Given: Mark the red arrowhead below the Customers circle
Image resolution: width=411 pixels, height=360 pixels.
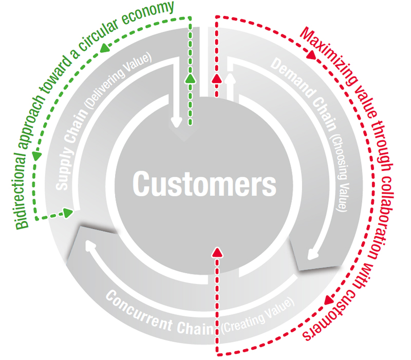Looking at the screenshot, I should (x=216, y=252).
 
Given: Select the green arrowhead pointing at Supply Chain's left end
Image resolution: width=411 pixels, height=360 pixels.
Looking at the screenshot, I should (x=68, y=212).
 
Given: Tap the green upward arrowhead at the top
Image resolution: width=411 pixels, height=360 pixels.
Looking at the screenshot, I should (x=191, y=78).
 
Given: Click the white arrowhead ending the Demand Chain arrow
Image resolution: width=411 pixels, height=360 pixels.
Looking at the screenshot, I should (x=310, y=255).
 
